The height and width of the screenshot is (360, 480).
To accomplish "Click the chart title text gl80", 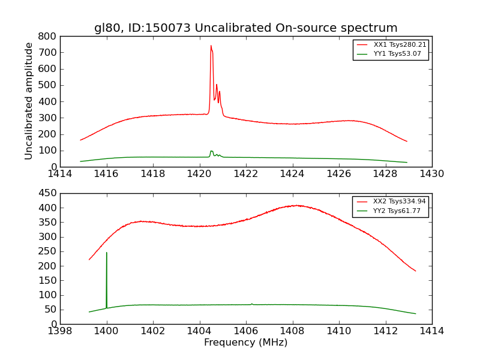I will [x=108, y=28].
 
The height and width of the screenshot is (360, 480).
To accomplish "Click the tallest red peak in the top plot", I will [x=211, y=46].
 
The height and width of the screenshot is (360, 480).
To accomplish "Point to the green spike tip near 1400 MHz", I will [x=107, y=253].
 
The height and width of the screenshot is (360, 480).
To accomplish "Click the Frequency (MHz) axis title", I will [x=245, y=343].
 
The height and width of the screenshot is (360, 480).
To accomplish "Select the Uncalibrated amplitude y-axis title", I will [x=29, y=101].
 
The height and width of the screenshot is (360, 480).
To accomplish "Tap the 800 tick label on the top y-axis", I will [x=48, y=36].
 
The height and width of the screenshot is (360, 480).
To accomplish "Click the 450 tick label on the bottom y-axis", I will [x=48, y=193].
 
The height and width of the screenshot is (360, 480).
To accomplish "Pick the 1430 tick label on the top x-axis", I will [x=431, y=174].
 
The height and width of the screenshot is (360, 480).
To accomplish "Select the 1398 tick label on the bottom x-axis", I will [x=61, y=331].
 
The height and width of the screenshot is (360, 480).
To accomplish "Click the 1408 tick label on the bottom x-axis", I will [x=292, y=331].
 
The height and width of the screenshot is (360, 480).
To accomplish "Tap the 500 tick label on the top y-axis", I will [x=48, y=85].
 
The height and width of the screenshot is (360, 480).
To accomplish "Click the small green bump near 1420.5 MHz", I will [x=211, y=151].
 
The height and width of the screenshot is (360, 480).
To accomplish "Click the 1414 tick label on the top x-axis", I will [x=61, y=174].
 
